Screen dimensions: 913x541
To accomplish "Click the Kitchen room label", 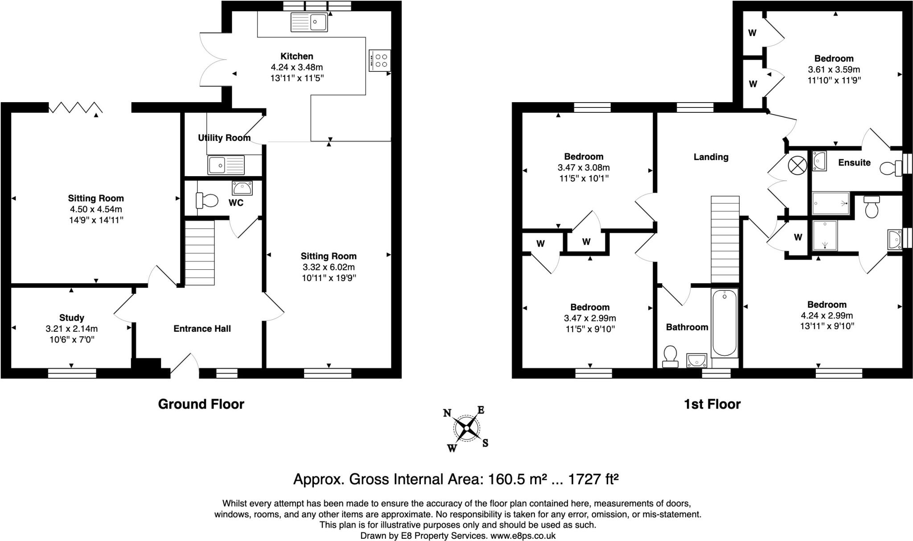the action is (x=297, y=56).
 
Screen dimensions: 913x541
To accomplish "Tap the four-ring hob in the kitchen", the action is (x=380, y=60).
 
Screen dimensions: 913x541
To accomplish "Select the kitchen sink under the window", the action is (x=309, y=22).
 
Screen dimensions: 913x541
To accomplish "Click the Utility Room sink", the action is (x=226, y=165).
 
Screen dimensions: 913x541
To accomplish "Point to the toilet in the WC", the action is (x=207, y=200).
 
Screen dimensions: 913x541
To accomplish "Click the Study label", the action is (x=72, y=318).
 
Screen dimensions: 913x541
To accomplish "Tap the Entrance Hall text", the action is (x=202, y=329).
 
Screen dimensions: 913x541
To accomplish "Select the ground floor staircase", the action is (x=200, y=252).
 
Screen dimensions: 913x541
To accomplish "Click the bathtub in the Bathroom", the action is (x=724, y=323).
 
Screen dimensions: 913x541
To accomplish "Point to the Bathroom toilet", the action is (x=670, y=357).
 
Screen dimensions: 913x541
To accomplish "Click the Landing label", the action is (x=711, y=157).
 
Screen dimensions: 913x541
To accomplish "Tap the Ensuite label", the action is (x=854, y=162).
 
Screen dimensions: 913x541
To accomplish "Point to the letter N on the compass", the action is (x=447, y=413).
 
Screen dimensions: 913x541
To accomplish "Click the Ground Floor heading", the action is (x=201, y=404).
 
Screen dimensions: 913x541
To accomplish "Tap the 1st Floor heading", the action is (x=712, y=404).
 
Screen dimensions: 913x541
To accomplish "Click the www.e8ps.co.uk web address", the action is (x=523, y=536).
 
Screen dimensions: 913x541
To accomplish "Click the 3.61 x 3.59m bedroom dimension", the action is (x=834, y=70).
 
